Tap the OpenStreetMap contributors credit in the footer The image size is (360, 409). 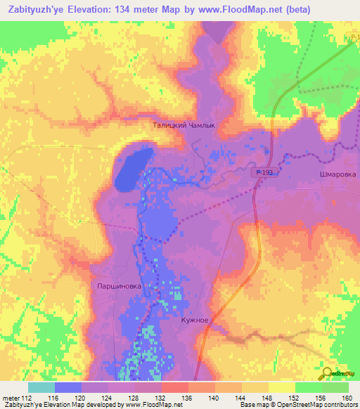[307, 405]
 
